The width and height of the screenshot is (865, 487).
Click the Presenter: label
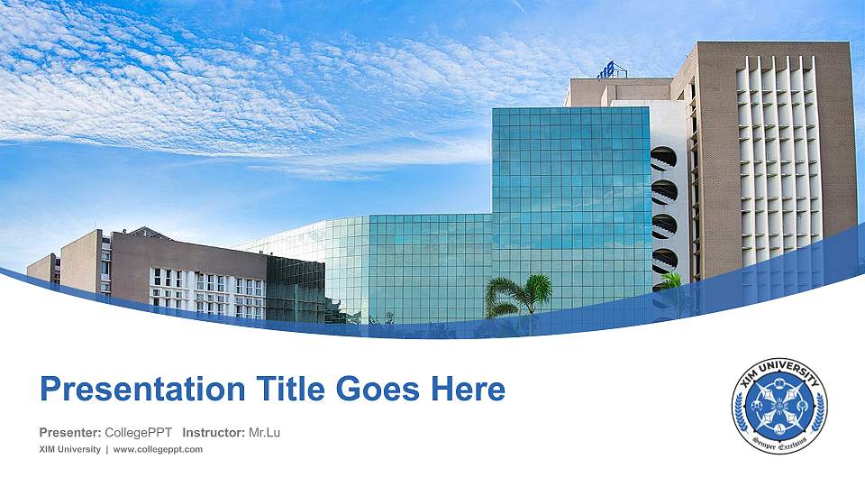click(x=70, y=433)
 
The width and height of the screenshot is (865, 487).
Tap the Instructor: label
click(x=213, y=433)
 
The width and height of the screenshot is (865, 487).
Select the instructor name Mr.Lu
click(x=264, y=433)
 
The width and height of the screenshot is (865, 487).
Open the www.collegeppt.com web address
click(x=158, y=449)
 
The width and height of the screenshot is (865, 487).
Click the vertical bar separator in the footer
click(x=107, y=449)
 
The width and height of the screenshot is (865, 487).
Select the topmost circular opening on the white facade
click(x=664, y=158)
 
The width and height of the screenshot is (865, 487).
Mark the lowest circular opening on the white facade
click(x=664, y=261)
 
